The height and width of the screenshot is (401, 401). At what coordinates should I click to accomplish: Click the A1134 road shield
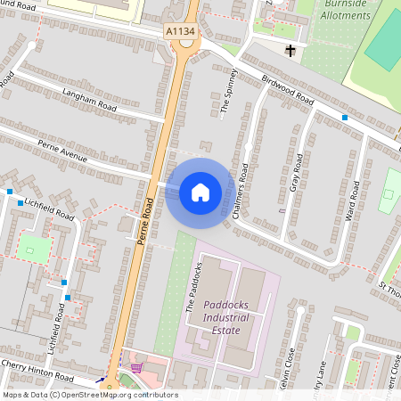[x=180, y=31]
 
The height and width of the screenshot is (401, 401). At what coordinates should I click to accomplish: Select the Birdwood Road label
[x=277, y=89]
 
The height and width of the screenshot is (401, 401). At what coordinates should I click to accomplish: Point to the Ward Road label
[x=353, y=202]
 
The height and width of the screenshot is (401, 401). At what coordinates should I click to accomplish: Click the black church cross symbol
[x=290, y=52]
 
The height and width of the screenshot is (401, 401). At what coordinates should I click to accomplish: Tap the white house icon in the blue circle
[x=200, y=192]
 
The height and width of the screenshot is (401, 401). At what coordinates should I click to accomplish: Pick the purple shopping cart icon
[x=136, y=366]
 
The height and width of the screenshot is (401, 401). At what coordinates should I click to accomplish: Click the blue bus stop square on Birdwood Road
[x=344, y=117]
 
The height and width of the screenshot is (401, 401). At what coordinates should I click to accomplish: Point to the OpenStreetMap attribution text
[x=89, y=395]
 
